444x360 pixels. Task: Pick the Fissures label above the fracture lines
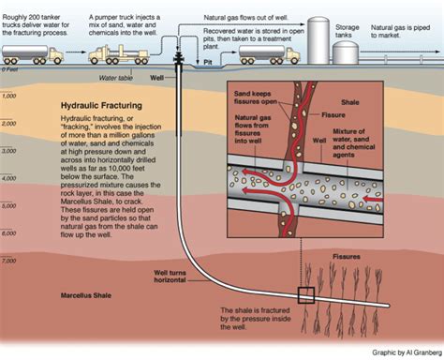[x=349, y=255]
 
